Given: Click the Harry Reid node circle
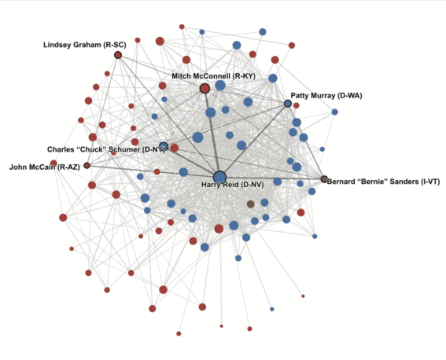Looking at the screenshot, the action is [219, 177].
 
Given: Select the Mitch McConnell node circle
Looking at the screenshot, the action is [205, 89].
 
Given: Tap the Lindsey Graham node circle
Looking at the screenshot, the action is [118, 55].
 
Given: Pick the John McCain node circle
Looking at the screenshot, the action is [87, 165].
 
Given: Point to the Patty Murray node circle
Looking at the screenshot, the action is [288, 104].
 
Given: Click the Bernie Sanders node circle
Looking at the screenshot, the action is [324, 179].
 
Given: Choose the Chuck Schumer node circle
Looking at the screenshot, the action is [164, 147].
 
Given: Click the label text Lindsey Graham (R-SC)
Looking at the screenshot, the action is [85, 45].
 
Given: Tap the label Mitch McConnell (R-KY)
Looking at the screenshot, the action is [214, 76].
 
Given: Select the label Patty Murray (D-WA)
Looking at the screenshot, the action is [326, 96].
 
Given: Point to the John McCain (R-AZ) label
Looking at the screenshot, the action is [44, 167].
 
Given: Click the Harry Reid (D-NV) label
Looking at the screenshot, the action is [233, 185].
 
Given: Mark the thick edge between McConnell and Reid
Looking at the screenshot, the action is [212, 133].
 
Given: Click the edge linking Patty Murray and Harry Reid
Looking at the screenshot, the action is [254, 140].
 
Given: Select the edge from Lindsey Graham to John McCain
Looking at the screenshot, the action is [102, 110].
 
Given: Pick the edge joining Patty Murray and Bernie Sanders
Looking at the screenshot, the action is [306, 141].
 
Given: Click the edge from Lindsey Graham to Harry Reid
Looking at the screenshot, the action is [169, 116].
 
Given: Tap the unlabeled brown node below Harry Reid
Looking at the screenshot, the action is [250, 204].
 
